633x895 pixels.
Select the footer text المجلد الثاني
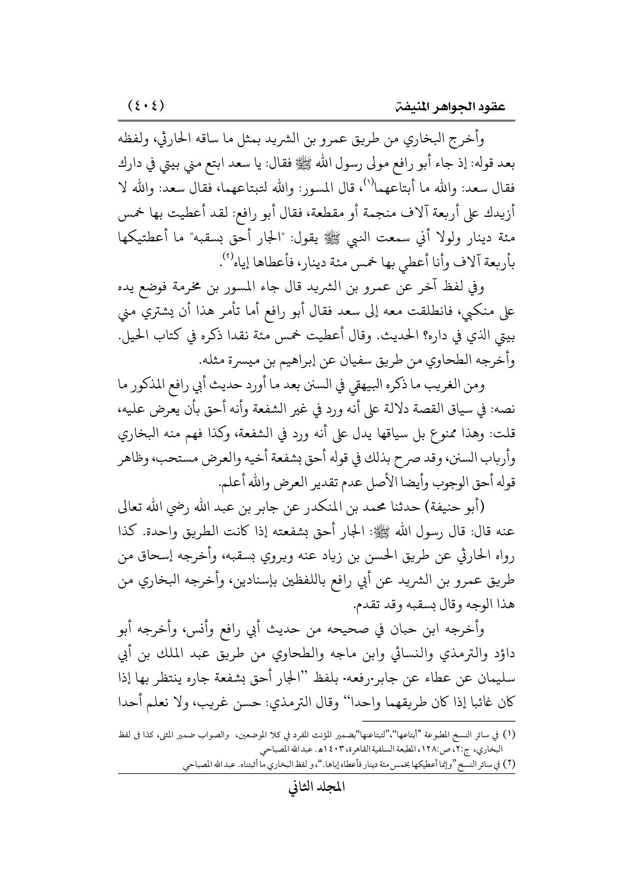(x=316, y=802)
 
